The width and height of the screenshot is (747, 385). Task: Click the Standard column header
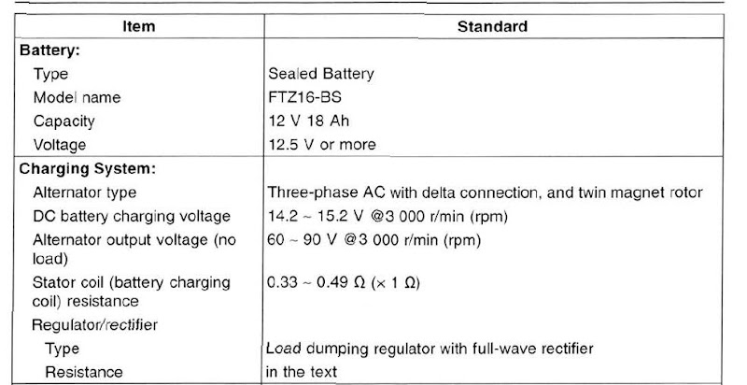click(492, 27)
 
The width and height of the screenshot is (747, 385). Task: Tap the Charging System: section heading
click(87, 169)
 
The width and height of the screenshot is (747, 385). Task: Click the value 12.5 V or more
click(322, 145)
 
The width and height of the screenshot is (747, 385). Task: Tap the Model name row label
click(78, 98)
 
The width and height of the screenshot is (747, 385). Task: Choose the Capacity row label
click(63, 121)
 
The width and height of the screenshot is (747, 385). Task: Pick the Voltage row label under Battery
click(60, 145)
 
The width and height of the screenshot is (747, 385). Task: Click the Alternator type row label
click(85, 192)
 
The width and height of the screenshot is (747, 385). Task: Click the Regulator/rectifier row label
click(95, 325)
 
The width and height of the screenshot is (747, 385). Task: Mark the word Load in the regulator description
click(284, 348)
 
